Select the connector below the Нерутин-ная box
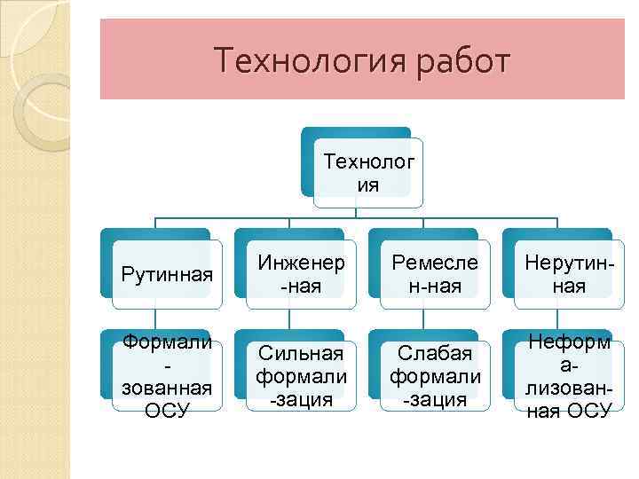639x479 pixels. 556,323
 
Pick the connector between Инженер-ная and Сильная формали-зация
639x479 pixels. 289,323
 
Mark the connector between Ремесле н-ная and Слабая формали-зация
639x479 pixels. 423,323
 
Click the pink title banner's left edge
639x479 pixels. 102,59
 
